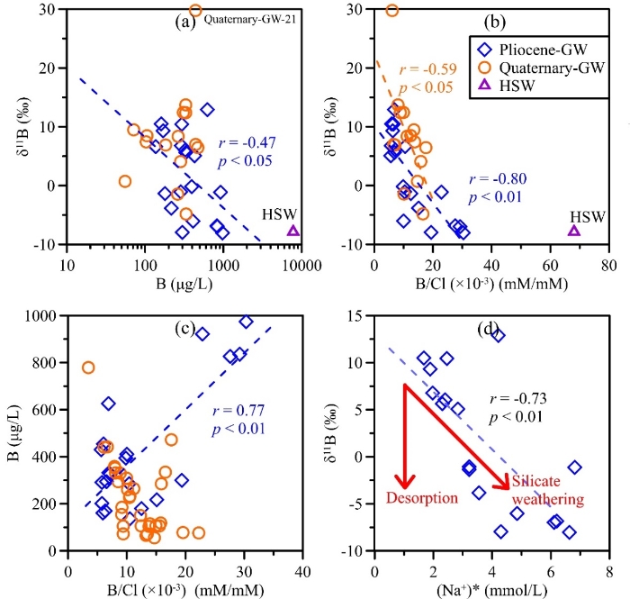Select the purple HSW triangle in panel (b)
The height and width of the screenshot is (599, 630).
[574, 231]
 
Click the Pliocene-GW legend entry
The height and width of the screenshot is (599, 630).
[528, 44]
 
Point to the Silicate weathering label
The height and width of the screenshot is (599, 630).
[548, 491]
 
